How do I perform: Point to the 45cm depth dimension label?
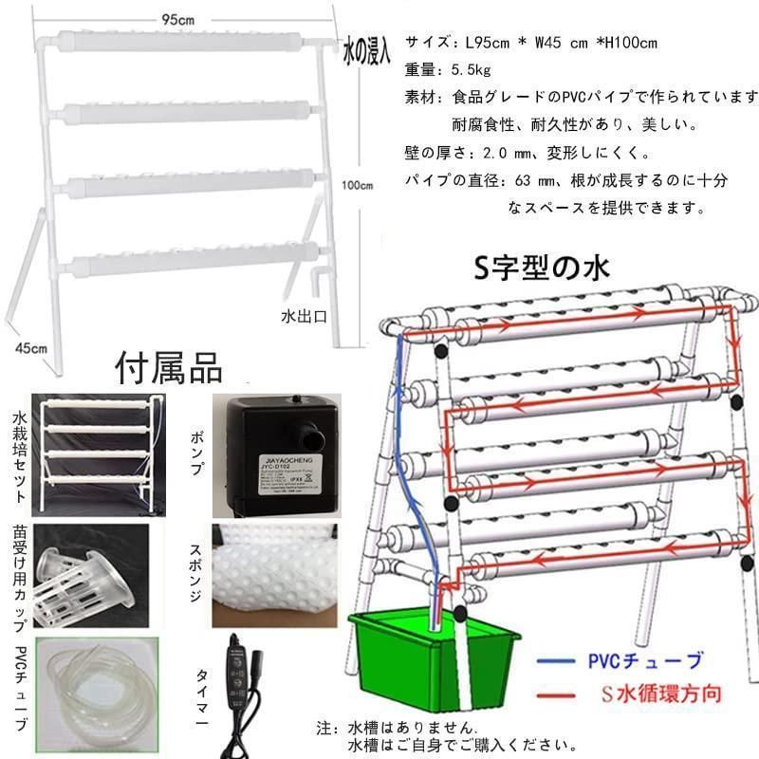point(31,348)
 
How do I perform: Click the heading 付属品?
point(168,366)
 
